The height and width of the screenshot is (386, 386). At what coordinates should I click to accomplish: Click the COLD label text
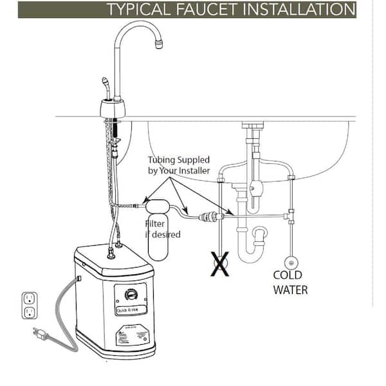[288, 275]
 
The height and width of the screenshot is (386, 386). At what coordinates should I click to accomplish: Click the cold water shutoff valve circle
[291, 262]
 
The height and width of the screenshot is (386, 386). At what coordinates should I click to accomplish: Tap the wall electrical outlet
[28, 305]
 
